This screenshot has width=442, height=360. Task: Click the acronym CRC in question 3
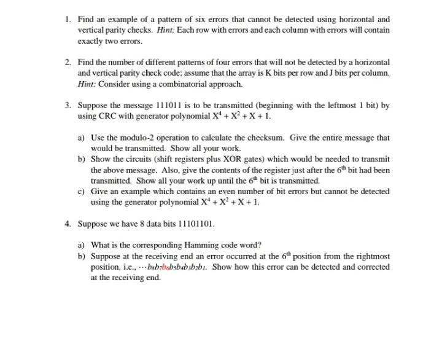[x=109, y=115]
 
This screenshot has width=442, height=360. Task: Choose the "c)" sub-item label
[x=82, y=191]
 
